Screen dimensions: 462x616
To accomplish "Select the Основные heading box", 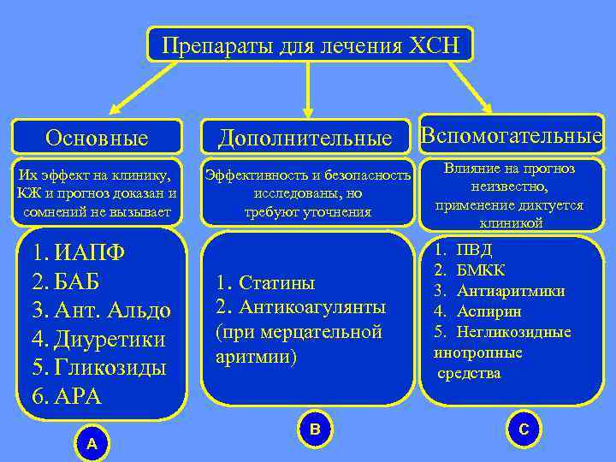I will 97,137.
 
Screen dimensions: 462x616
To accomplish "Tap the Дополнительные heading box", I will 305,137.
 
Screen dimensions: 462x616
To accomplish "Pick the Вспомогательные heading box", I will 512,135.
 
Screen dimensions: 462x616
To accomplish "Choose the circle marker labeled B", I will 314,427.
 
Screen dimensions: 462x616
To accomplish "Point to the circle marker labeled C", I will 524,428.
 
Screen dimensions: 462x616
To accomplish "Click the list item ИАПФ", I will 89,253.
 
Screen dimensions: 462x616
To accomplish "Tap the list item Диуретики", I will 110,340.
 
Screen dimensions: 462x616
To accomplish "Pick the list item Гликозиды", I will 110,369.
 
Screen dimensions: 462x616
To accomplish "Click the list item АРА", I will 78,397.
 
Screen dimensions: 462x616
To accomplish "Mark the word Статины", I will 276,282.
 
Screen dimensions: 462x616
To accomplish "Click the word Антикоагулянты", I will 311,306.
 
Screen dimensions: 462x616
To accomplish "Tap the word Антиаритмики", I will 511,291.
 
